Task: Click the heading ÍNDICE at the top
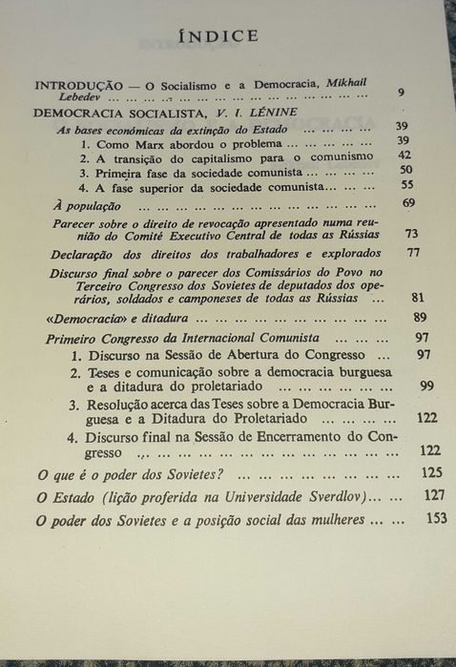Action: click(227, 37)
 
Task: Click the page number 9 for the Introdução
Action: click(403, 92)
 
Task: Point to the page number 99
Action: click(425, 385)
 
